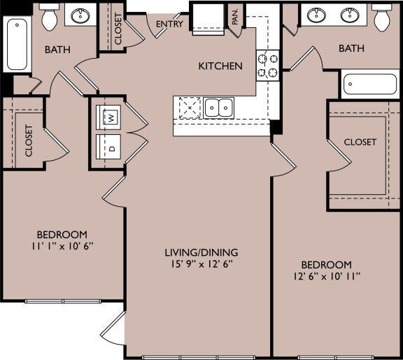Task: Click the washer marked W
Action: (111, 117)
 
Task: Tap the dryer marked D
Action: (111, 148)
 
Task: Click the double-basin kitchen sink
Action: (219, 108)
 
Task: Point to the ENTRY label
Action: (170, 24)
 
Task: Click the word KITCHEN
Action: (220, 66)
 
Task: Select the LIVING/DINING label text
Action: (201, 252)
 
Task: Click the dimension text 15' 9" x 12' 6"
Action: (201, 264)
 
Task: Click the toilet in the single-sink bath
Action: (48, 18)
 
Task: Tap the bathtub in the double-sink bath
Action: (369, 85)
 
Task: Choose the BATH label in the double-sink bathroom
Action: (351, 48)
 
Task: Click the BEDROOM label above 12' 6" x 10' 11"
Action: (326, 265)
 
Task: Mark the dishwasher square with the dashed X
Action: (188, 108)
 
